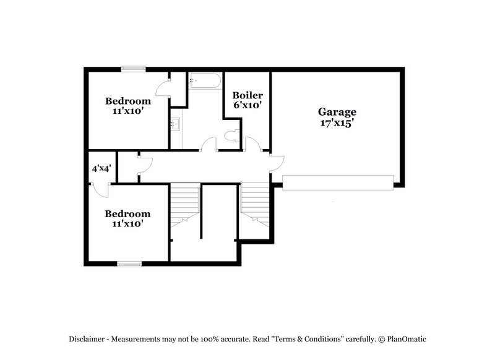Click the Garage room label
tap(337, 112)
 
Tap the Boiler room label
tap(247, 95)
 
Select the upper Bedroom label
tap(127, 101)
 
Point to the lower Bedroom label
tap(127, 214)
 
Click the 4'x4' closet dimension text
tap(101, 168)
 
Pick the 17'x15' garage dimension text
tap(337, 122)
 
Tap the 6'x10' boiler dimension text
tap(247, 106)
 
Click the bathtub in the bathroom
tap(204, 81)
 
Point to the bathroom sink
tap(175, 124)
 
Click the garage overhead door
tap(338, 182)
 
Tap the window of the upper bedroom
tap(133, 69)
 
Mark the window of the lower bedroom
tap(129, 264)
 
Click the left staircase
tap(184, 204)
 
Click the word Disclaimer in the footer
tap(87, 339)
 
